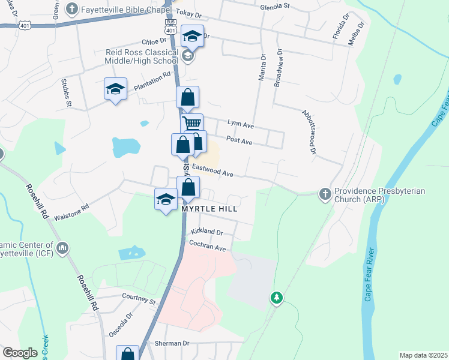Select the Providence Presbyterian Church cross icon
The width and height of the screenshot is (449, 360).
tap(324, 193)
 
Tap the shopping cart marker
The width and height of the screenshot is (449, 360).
tap(192, 124)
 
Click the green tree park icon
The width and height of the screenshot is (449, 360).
tap(276, 297)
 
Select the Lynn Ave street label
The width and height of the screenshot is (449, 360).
tap(241, 124)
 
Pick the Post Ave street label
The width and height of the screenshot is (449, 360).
tap(239, 140)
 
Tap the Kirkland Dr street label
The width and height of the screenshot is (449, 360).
tap(206, 232)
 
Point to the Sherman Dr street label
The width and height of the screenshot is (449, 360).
tap(173, 343)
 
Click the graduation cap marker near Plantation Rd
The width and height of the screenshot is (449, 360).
tap(115, 90)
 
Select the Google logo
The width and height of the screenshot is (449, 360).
tap(20, 352)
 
